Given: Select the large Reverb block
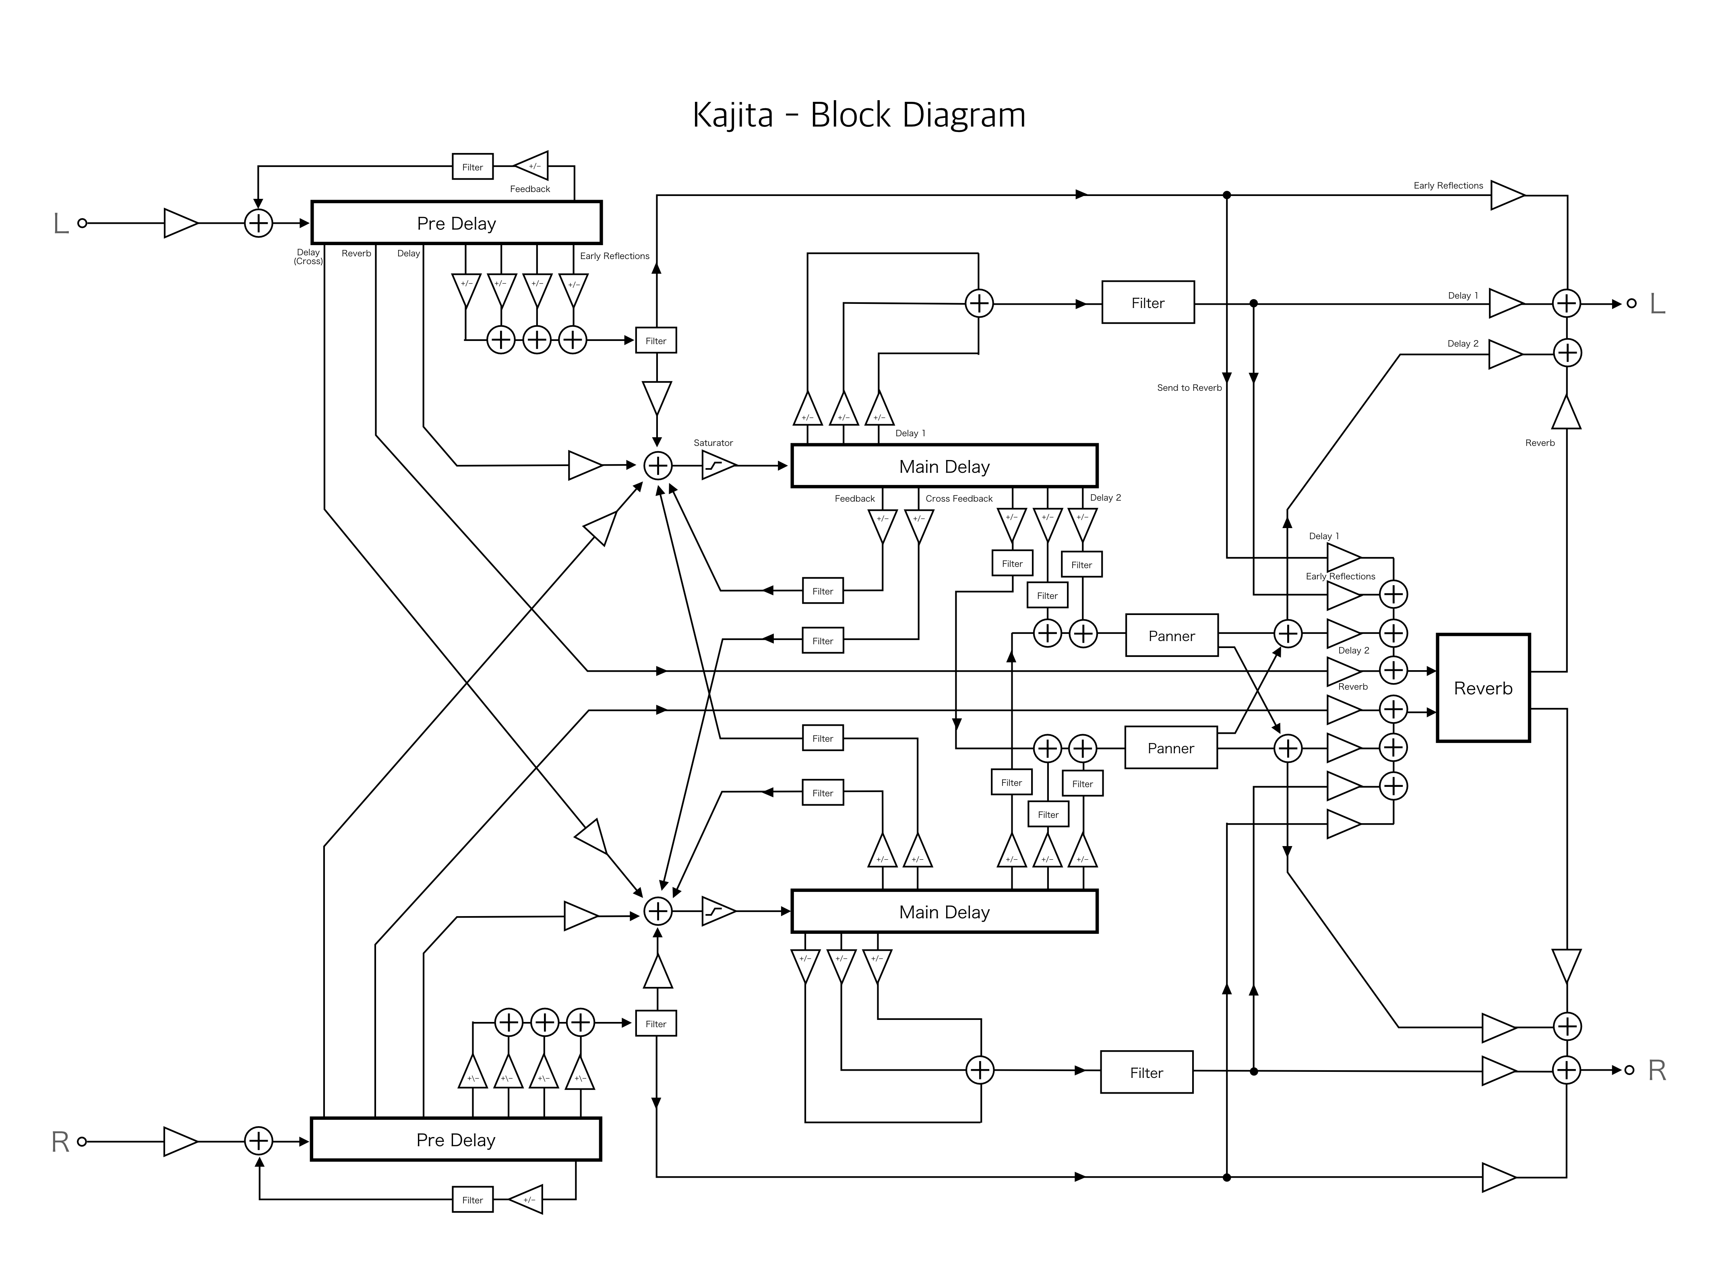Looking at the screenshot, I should [x=1483, y=688].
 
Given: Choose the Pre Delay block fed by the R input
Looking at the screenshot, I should [x=456, y=1140].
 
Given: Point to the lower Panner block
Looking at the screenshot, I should [x=1170, y=748].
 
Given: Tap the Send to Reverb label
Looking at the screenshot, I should [x=1189, y=388].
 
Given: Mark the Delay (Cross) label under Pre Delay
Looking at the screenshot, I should [x=308, y=257].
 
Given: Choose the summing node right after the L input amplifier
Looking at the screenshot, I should [x=258, y=224].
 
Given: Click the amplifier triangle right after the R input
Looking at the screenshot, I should [x=180, y=1141].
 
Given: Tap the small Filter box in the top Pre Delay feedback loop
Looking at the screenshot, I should [x=472, y=167].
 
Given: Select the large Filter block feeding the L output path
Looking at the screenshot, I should [x=1147, y=303].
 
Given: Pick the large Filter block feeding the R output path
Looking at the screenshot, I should [x=1146, y=1072].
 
